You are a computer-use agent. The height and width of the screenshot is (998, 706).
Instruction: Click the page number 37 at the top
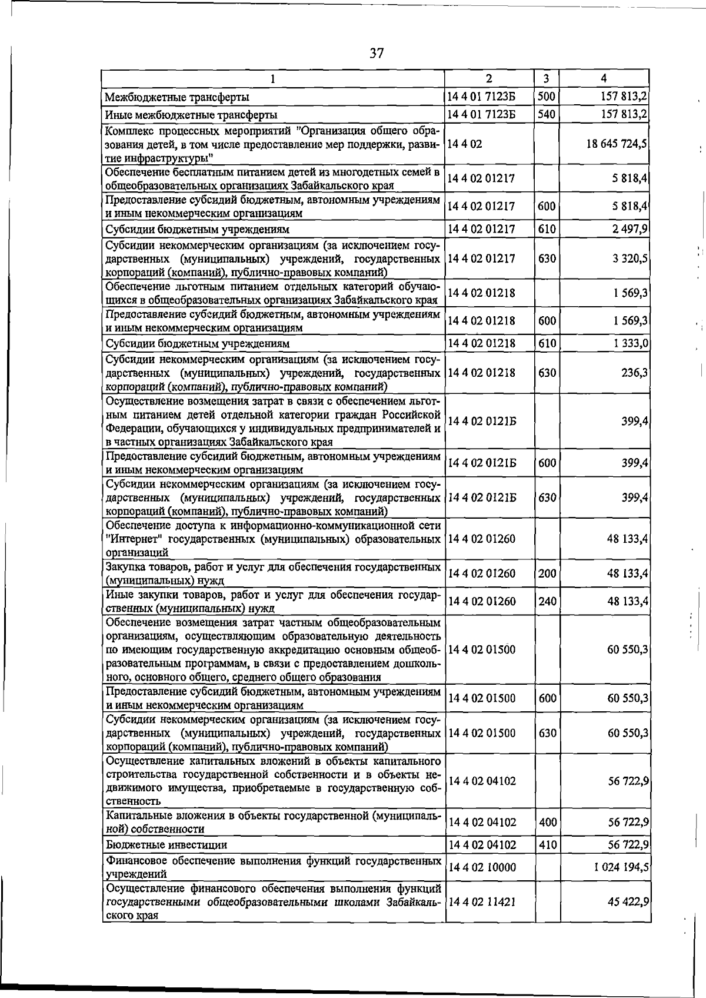(377, 54)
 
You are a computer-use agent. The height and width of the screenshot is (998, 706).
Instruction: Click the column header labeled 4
(604, 78)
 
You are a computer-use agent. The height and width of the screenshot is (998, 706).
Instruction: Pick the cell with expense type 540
(547, 114)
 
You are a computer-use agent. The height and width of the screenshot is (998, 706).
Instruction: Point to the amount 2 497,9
(628, 229)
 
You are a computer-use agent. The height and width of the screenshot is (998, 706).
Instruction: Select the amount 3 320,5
(628, 258)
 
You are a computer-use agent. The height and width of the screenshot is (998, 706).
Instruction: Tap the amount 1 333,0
(628, 343)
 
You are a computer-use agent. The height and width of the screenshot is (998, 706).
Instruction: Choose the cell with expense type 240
(547, 601)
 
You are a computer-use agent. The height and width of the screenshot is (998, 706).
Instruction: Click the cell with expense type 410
(547, 845)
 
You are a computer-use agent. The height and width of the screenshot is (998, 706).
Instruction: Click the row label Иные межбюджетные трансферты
(191, 114)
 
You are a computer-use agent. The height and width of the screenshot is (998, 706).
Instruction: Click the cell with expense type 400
(547, 822)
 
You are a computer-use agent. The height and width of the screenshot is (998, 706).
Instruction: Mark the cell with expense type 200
(547, 573)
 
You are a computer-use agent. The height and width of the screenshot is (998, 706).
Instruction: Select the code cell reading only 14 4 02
(465, 144)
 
